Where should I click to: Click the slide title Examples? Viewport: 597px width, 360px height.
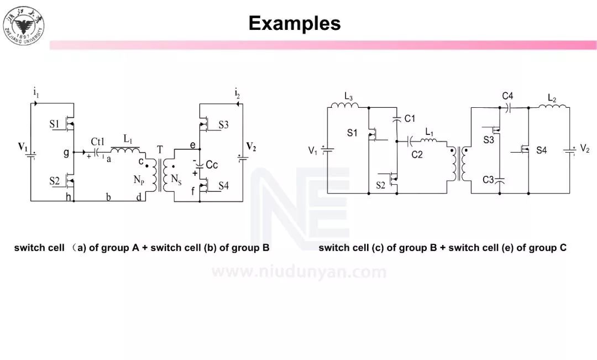[294, 23]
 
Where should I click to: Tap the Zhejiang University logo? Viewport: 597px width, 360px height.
[23, 25]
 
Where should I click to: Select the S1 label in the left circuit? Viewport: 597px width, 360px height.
[54, 124]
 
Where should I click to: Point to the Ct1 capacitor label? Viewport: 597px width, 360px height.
[97, 142]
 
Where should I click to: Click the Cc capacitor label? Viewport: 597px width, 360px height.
[212, 165]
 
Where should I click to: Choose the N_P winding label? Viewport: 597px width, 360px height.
[138, 179]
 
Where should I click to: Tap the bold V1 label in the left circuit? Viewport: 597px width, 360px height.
[23, 147]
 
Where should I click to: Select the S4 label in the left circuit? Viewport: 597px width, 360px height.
[223, 186]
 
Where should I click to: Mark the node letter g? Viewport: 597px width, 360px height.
[66, 153]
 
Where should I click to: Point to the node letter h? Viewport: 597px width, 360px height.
[68, 197]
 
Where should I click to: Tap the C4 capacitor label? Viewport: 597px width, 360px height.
[507, 97]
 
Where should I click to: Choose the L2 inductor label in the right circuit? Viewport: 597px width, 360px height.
[552, 98]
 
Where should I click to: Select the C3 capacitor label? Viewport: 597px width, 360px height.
[488, 180]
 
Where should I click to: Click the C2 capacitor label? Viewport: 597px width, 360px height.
[417, 154]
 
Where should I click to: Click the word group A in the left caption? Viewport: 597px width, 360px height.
[120, 248]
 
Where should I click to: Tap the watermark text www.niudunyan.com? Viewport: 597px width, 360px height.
[299, 272]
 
